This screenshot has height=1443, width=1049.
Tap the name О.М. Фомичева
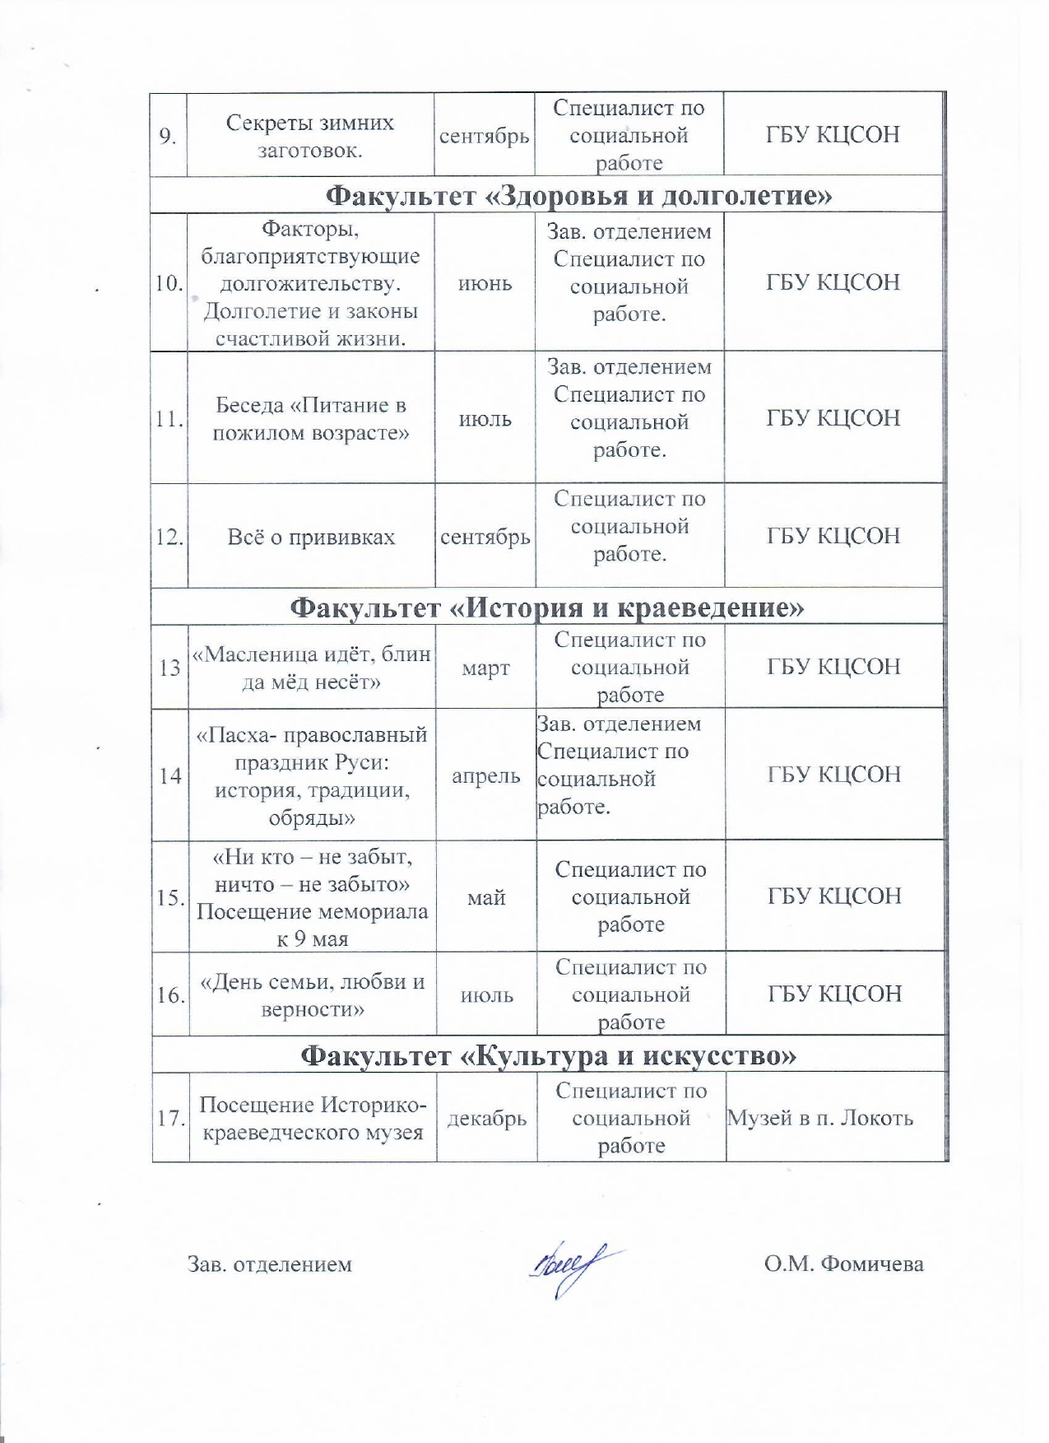coord(843,1264)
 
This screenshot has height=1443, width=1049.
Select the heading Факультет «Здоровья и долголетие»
coord(579,195)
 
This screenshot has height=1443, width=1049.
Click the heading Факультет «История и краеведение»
coord(547,607)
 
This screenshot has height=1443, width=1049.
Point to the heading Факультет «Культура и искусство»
coord(549,1055)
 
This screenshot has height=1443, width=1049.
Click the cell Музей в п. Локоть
coord(820,1118)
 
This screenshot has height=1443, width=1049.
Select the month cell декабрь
coord(486,1119)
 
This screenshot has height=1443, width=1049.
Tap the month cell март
coord(485,668)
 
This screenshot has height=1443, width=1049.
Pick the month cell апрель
coord(485,776)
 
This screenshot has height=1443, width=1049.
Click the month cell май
coord(486,897)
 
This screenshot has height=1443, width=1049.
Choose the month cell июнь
coord(485,284)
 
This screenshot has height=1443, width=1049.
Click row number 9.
coord(168,136)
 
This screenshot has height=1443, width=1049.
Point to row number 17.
coord(170,1119)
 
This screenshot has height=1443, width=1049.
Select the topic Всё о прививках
coord(311,538)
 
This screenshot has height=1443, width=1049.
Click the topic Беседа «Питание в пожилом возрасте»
coord(311,419)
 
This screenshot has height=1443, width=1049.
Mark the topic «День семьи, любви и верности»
coord(313,995)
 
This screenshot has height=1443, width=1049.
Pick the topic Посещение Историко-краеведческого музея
coord(313,1119)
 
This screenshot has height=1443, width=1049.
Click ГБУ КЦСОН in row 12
coord(833,537)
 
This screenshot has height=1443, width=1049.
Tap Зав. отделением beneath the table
coord(270,1264)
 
